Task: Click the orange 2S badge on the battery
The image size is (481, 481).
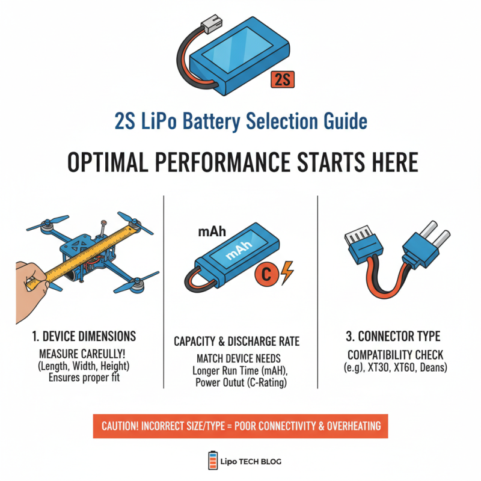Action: [283, 79]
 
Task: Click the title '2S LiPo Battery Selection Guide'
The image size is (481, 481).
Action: [240, 122]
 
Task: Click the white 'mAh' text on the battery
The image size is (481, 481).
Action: [237, 256]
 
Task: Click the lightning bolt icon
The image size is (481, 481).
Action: [287, 274]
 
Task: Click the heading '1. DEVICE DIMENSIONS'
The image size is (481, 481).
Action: [84, 336]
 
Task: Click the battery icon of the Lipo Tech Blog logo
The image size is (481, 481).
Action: [211, 461]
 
